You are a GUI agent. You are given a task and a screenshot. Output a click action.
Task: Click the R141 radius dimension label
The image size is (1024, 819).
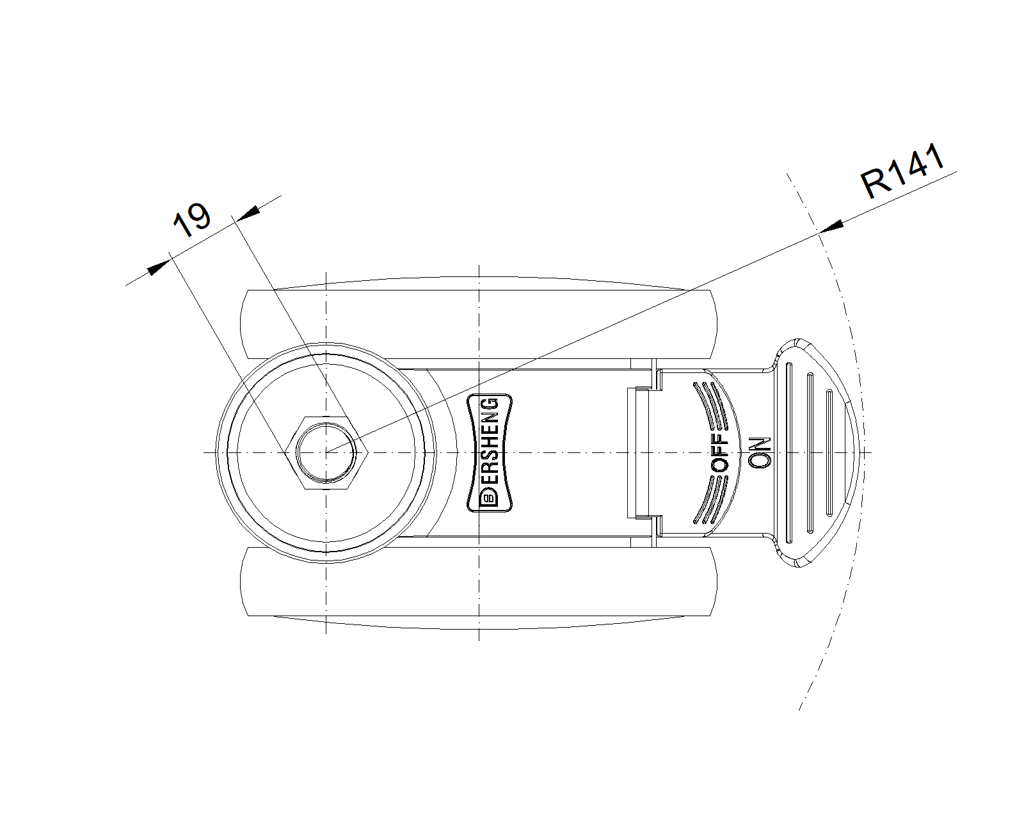coord(902,171)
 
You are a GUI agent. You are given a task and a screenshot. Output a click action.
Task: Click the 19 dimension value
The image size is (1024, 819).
coord(191,220)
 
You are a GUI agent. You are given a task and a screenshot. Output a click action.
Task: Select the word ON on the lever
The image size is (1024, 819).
coord(760,452)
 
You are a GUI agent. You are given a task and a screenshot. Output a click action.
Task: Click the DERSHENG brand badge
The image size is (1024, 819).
coord(490,452)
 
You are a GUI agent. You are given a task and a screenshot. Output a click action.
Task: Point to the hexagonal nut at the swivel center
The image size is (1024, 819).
coord(326,452)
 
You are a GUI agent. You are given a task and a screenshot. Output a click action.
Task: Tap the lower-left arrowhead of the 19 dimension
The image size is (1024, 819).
coord(159,267)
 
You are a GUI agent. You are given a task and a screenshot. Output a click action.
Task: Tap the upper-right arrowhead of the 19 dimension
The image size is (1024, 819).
coord(248,212)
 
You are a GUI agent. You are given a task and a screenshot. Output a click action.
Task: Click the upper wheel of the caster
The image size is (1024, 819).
coord(479,324)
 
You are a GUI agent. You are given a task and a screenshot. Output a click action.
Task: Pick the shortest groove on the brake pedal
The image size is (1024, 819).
coord(829,452)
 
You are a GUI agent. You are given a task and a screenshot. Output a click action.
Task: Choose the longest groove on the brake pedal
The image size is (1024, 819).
coord(789,452)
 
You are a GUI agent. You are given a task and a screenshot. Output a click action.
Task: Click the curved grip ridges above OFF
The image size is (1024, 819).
coord(711,404)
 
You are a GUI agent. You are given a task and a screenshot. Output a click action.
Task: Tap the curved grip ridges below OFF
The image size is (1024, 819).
coord(711,500)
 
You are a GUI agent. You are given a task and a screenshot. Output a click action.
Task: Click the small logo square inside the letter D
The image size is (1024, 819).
coord(490,499)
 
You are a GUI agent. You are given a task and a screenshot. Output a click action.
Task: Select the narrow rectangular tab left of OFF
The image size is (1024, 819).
coord(638,452)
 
